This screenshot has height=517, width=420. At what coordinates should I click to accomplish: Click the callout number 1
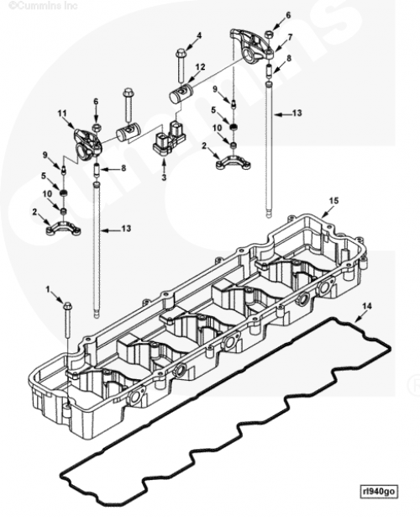pos(48,289)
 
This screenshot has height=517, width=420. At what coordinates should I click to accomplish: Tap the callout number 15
pos(334,201)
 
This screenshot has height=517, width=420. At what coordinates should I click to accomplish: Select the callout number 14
pos(367,306)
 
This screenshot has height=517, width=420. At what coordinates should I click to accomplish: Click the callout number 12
pos(200,67)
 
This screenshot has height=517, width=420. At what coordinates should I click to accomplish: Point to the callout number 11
pos(62,113)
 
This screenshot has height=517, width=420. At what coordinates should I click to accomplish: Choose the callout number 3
pos(164,177)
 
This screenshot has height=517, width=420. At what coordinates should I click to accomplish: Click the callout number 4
pos(199,35)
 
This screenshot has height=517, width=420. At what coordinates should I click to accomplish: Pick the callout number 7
pos(290,38)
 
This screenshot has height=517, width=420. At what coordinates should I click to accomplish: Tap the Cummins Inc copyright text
pos(43,6)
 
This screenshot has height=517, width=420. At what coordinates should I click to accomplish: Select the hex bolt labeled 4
pos(181,66)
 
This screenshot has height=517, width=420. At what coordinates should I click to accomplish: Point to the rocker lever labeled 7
pos(253,45)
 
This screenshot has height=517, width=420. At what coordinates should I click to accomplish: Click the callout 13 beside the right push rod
pos(297,113)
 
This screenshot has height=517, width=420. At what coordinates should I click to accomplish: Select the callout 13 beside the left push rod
pos(126,229)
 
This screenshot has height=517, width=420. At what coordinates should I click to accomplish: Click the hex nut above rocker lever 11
pos(97,127)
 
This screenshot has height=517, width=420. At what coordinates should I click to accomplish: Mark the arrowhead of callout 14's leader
pos(355,321)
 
